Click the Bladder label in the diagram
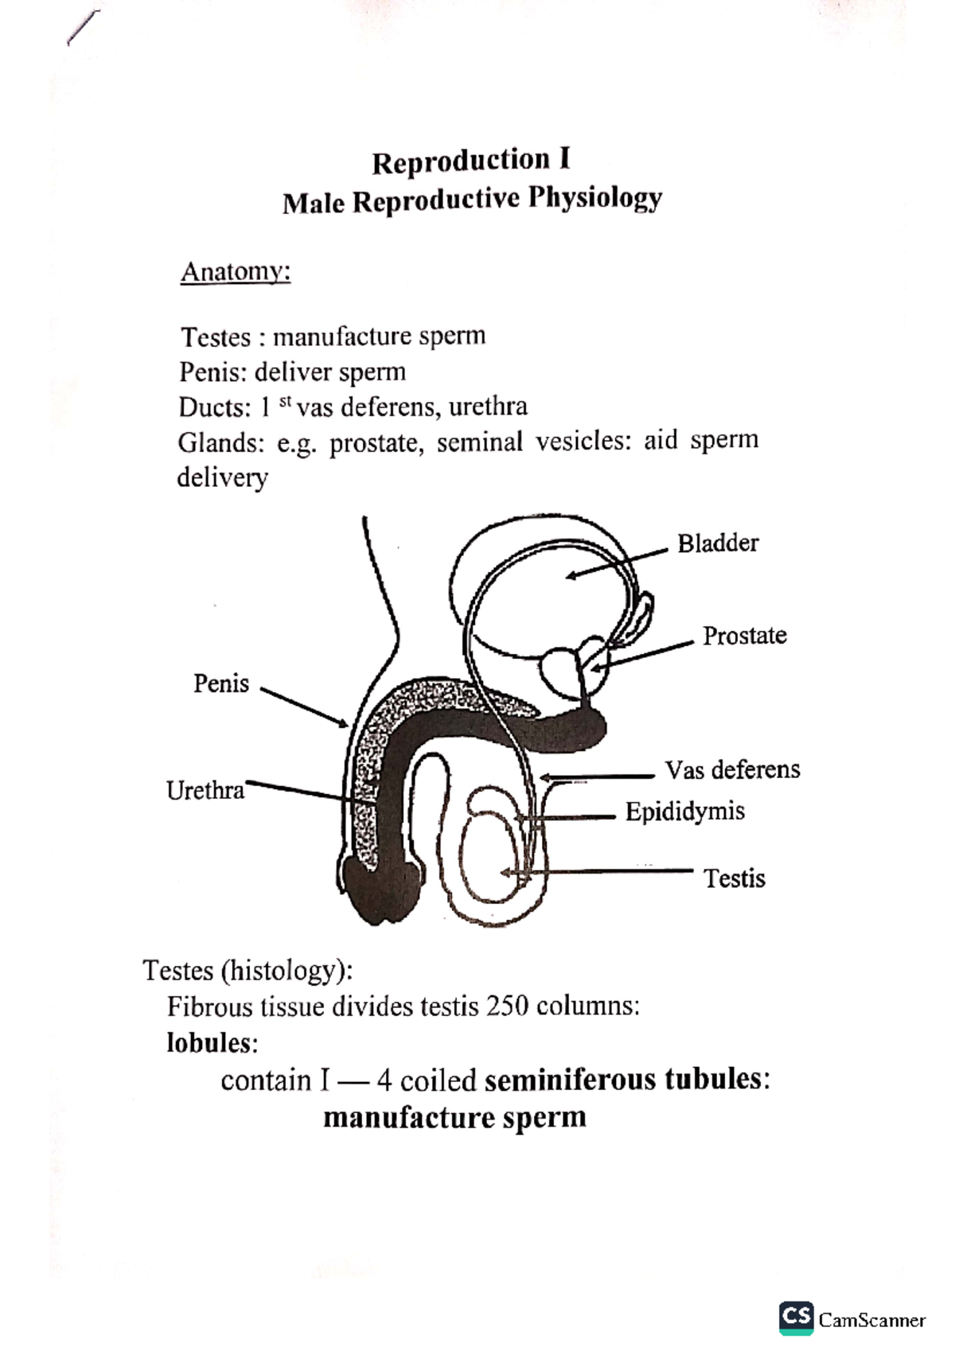pos(717,543)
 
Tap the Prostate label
pos(744,636)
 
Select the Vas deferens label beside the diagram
pos(732,770)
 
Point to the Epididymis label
pos(684,812)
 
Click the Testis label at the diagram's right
pos(734,878)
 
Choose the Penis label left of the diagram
pos(221,683)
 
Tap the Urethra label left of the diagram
pos(205,790)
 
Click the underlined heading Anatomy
pos(236,272)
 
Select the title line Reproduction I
pos(471,161)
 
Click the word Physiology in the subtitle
pos(595,198)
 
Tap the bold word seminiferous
pos(570,1080)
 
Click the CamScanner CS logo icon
pos(797,1318)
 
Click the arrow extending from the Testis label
pos(597,873)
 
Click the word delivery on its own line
pos(222,478)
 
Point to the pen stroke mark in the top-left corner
pos(84,29)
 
